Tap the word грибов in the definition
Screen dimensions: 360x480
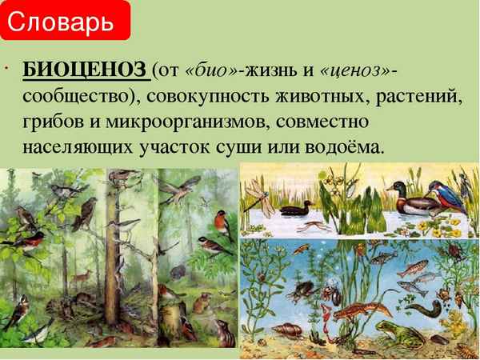click(x=53, y=122)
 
